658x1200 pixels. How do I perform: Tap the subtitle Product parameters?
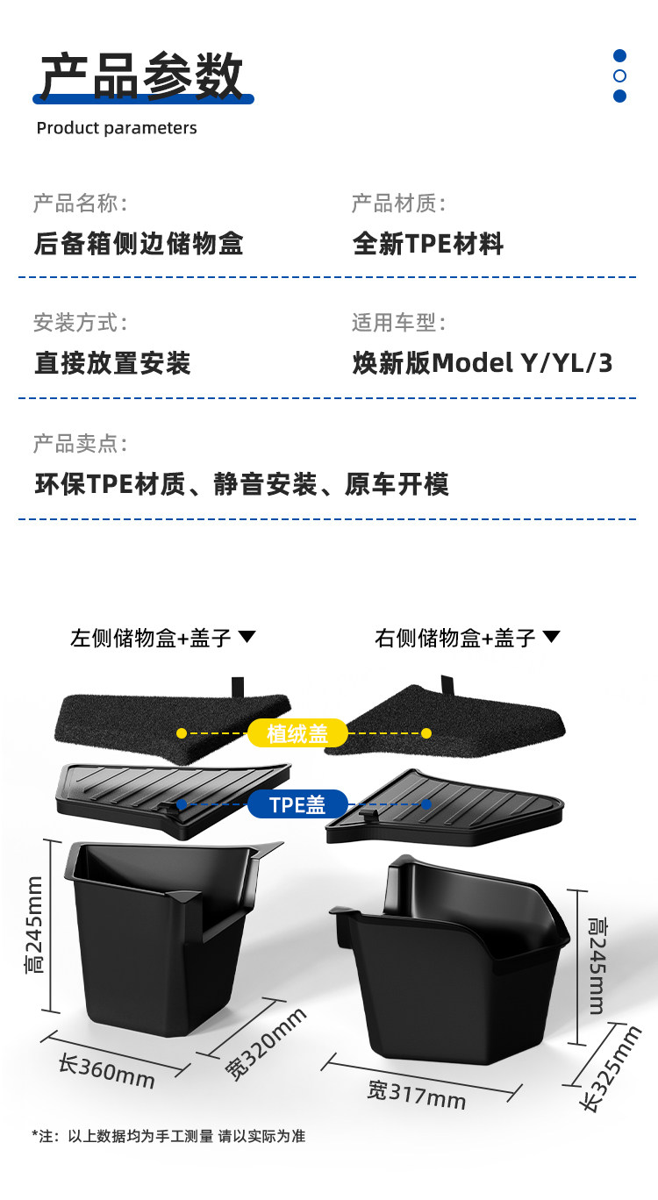coord(117,128)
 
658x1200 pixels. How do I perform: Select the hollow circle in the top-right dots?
coord(619,76)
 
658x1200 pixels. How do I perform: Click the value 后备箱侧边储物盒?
coord(139,243)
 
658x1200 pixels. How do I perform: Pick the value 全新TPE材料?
coord(428,243)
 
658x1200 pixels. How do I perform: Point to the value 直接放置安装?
coord(112,363)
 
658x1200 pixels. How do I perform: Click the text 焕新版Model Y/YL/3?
coord(483,363)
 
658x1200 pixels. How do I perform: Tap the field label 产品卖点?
coord(80,444)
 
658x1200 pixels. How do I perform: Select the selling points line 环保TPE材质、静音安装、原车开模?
coord(241,484)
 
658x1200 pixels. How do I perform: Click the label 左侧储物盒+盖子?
coord(151,638)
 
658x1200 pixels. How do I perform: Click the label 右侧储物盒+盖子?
coord(455,638)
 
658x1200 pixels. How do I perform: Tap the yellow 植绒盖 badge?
coord(297,733)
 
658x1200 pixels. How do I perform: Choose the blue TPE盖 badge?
coord(297,804)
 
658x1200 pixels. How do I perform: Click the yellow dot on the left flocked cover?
coord(181,732)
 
